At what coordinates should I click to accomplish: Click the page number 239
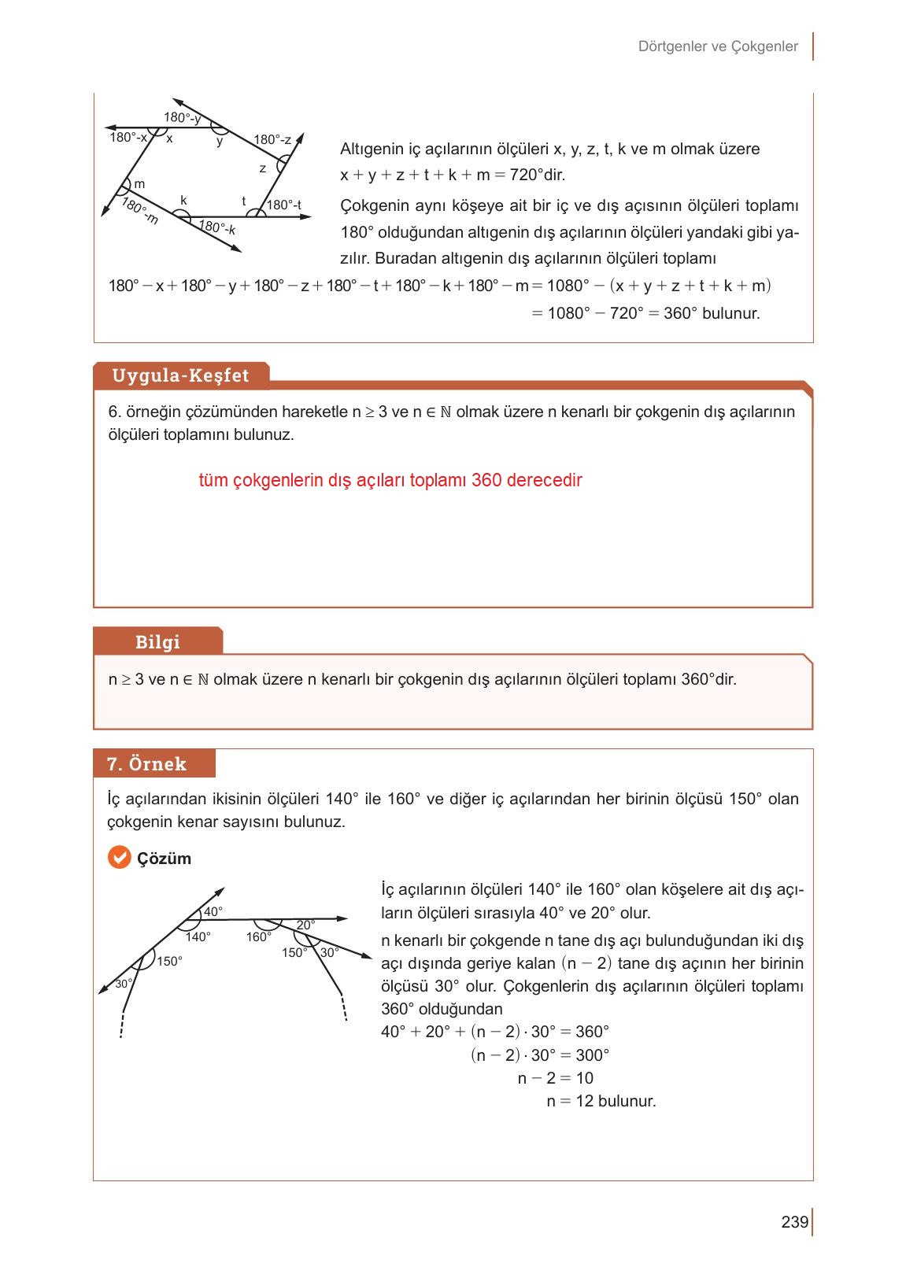tap(794, 1222)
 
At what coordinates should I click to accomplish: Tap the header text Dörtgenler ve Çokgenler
tap(718, 46)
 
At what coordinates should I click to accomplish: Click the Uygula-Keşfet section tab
tap(180, 375)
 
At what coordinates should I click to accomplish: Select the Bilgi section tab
tap(157, 641)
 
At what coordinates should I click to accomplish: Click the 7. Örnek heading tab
tap(146, 764)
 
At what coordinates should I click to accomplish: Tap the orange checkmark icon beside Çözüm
tap(119, 858)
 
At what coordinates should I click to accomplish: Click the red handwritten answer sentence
tap(390, 480)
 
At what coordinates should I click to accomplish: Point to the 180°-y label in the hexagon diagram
tap(182, 118)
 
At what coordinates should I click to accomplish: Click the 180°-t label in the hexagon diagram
tap(284, 205)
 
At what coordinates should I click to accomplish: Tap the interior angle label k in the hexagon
tap(183, 201)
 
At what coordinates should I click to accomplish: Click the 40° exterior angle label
tap(213, 911)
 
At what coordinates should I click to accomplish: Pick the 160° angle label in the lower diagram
tap(258, 936)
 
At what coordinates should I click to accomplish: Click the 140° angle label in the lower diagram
tap(198, 936)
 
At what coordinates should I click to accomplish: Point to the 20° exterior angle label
tap(305, 924)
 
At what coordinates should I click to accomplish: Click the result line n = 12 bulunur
tap(601, 1101)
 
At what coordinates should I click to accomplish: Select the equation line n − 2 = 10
tap(555, 1078)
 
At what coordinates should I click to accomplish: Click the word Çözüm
tap(165, 859)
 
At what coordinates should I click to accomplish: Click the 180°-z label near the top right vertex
tap(272, 140)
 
